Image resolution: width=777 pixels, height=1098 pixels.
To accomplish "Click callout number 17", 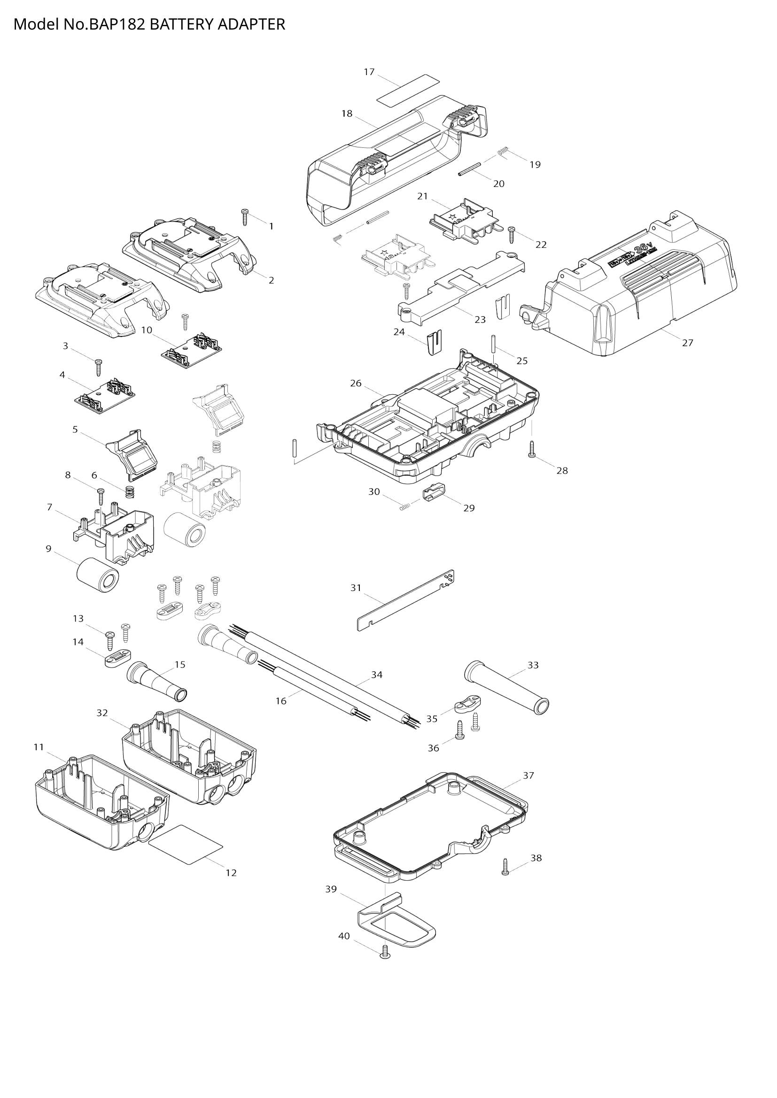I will (x=369, y=72).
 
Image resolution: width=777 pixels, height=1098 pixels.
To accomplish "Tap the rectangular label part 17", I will (x=408, y=91).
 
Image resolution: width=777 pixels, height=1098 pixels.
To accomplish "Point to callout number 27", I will (x=688, y=342).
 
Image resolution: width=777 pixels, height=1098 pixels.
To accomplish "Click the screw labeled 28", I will (x=532, y=450).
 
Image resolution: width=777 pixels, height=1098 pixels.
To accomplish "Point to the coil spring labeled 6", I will (x=129, y=491).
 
